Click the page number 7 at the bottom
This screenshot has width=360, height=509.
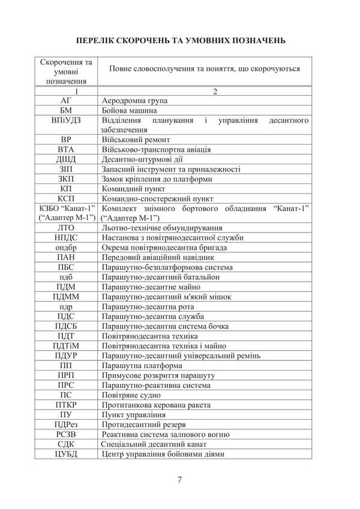click(180, 478)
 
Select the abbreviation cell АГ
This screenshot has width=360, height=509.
click(66, 101)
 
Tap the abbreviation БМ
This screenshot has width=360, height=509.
click(66, 110)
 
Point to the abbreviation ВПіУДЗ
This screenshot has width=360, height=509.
click(66, 121)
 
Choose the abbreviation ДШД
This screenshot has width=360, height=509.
click(66, 159)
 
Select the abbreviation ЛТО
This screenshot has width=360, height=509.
click(66, 228)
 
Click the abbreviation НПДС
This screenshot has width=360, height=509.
click(66, 237)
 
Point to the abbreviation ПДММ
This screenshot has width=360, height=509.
click(66, 296)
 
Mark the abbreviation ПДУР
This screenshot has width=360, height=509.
click(66, 355)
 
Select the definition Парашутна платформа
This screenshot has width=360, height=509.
click(142, 365)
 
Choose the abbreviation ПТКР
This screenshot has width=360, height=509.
click(66, 404)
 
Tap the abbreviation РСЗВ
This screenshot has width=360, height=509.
click(66, 434)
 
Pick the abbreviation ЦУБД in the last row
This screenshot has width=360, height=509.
click(66, 454)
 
